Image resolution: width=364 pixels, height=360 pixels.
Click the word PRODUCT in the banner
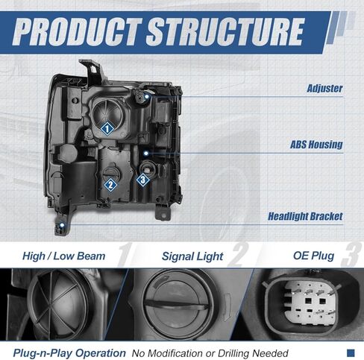[78, 32]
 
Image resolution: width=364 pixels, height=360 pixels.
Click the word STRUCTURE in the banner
[225, 32]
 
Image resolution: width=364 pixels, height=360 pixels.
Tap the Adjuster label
[324, 89]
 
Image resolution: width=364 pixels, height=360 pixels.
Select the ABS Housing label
[316, 145]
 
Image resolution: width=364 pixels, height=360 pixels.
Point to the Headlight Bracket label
[305, 216]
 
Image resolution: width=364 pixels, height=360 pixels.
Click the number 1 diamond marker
[107, 129]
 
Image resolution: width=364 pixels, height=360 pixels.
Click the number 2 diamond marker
[110, 185]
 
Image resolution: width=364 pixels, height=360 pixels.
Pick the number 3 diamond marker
[143, 180]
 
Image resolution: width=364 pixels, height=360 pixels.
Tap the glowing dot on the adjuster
[146, 96]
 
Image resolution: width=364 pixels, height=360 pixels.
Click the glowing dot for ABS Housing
[146, 154]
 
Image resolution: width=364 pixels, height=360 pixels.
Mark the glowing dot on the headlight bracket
[61, 225]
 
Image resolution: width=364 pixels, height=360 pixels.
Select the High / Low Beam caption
[63, 256]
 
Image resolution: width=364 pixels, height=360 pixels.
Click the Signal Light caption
[192, 256]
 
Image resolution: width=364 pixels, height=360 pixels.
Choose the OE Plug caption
[313, 256]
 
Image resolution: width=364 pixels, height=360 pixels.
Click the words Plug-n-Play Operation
[69, 353]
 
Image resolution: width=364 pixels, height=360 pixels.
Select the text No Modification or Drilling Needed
[210, 353]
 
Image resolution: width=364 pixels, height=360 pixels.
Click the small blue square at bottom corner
[351, 353]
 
